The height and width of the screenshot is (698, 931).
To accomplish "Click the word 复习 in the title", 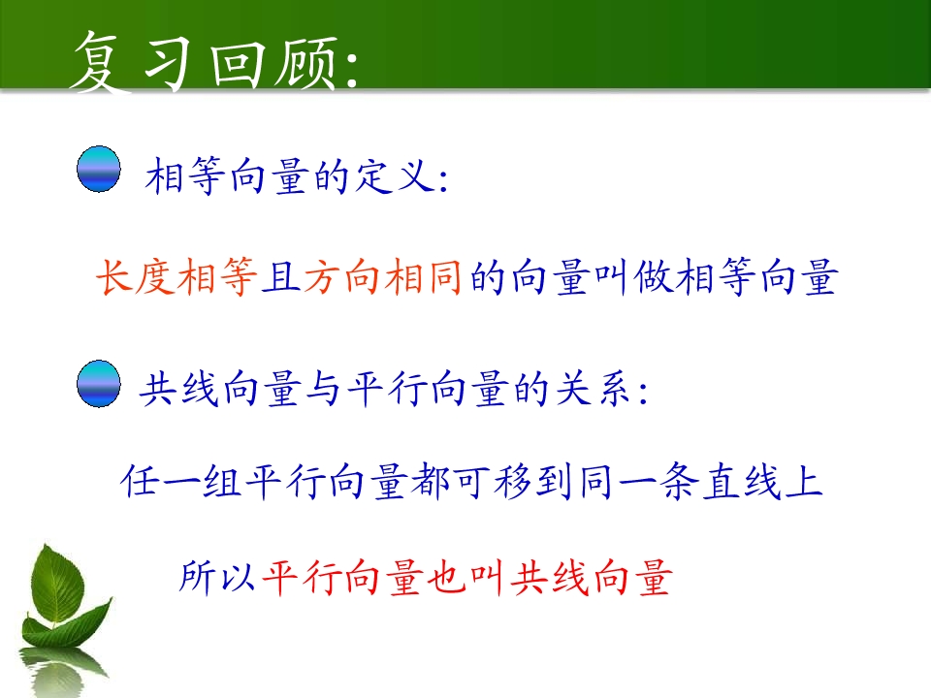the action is coord(130,62).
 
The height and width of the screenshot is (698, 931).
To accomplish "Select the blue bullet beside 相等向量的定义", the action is coord(99,169).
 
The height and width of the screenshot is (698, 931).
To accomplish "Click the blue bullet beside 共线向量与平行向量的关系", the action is coord(99,384).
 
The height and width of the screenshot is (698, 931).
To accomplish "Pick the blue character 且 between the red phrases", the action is coord(281,277).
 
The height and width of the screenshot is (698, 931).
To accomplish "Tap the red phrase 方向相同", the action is coord(383,277).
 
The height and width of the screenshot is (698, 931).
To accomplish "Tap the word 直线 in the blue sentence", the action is coord(742,481).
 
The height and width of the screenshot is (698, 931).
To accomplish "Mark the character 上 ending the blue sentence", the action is coord(803,481).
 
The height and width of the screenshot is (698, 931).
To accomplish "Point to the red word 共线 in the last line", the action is coord(550,577).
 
